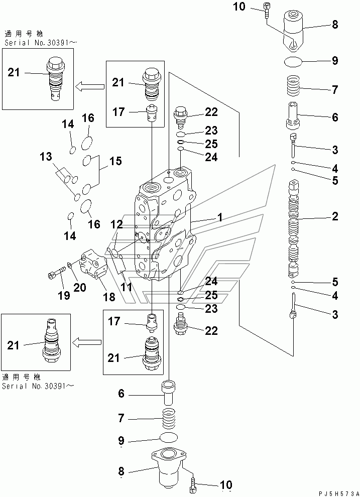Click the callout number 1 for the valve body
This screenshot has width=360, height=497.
[x=219, y=217]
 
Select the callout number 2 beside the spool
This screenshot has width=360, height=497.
[x=335, y=216]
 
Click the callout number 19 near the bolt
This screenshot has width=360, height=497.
[x=64, y=295]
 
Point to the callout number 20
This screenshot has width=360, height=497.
[x=79, y=287]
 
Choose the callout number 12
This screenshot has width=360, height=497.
[x=116, y=224]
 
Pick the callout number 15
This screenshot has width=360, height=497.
[x=115, y=161]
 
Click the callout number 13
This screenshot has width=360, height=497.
[x=46, y=156]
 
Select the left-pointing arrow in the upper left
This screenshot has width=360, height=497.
[x=90, y=85]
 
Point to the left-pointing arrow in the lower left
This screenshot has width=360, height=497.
[x=87, y=342]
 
